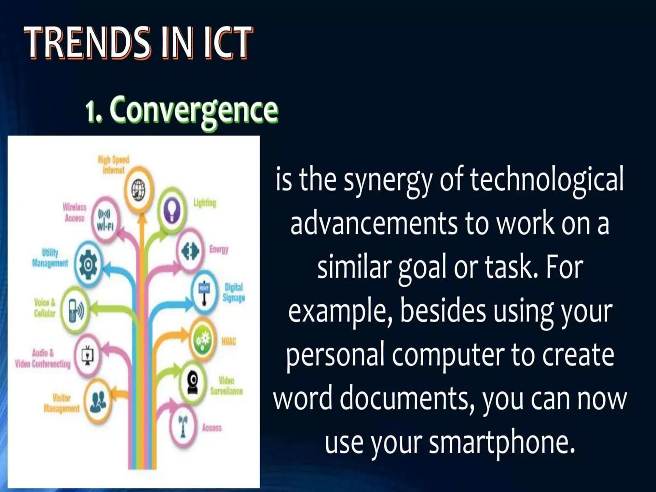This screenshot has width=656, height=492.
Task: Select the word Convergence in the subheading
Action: (x=194, y=110)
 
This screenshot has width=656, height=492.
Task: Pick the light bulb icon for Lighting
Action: (x=172, y=210)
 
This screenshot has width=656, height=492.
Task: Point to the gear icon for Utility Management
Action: (x=88, y=264)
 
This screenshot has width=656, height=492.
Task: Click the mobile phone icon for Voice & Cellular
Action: (x=75, y=310)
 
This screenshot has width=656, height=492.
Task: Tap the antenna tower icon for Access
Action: (x=183, y=425)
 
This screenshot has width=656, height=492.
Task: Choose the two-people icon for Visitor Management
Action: (x=98, y=401)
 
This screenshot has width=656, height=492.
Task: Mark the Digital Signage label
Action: (x=234, y=292)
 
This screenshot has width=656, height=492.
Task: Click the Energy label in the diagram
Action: (x=219, y=249)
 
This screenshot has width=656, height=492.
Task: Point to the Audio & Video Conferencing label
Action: (x=43, y=359)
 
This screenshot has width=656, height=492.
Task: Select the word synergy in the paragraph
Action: (x=387, y=180)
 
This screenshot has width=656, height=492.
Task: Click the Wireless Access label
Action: (x=75, y=213)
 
